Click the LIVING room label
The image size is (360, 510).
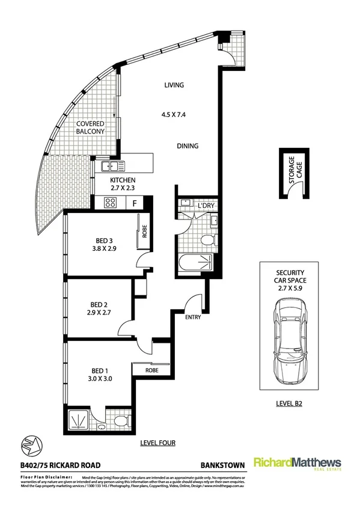coord(174,85)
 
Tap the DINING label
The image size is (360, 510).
coord(188,146)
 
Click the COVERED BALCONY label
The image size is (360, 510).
coord(90,127)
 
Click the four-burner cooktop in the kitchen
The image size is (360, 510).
coord(110,203)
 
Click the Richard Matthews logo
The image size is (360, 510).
coord(297,464)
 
